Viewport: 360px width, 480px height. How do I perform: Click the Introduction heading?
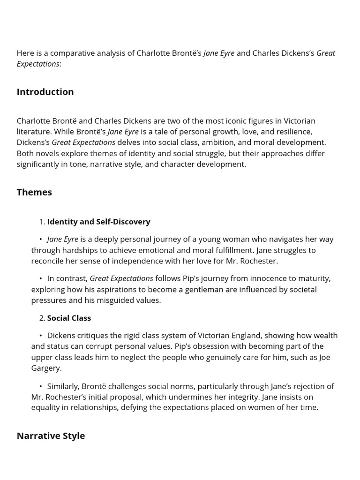(x=45, y=92)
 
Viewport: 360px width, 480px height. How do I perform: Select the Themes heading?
(x=34, y=192)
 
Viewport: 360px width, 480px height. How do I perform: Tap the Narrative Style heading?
(x=51, y=436)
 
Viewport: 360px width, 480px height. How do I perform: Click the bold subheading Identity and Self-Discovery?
(x=98, y=222)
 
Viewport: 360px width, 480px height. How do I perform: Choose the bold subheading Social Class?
(x=69, y=318)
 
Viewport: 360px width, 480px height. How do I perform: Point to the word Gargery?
(x=46, y=368)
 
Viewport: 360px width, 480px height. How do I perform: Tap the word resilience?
(x=292, y=132)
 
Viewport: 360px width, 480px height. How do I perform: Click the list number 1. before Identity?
(x=42, y=222)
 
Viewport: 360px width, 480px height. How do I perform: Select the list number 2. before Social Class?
(x=42, y=318)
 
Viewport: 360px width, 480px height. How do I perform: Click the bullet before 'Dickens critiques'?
(x=41, y=336)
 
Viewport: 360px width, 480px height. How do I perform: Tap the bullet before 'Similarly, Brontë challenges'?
(x=41, y=386)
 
